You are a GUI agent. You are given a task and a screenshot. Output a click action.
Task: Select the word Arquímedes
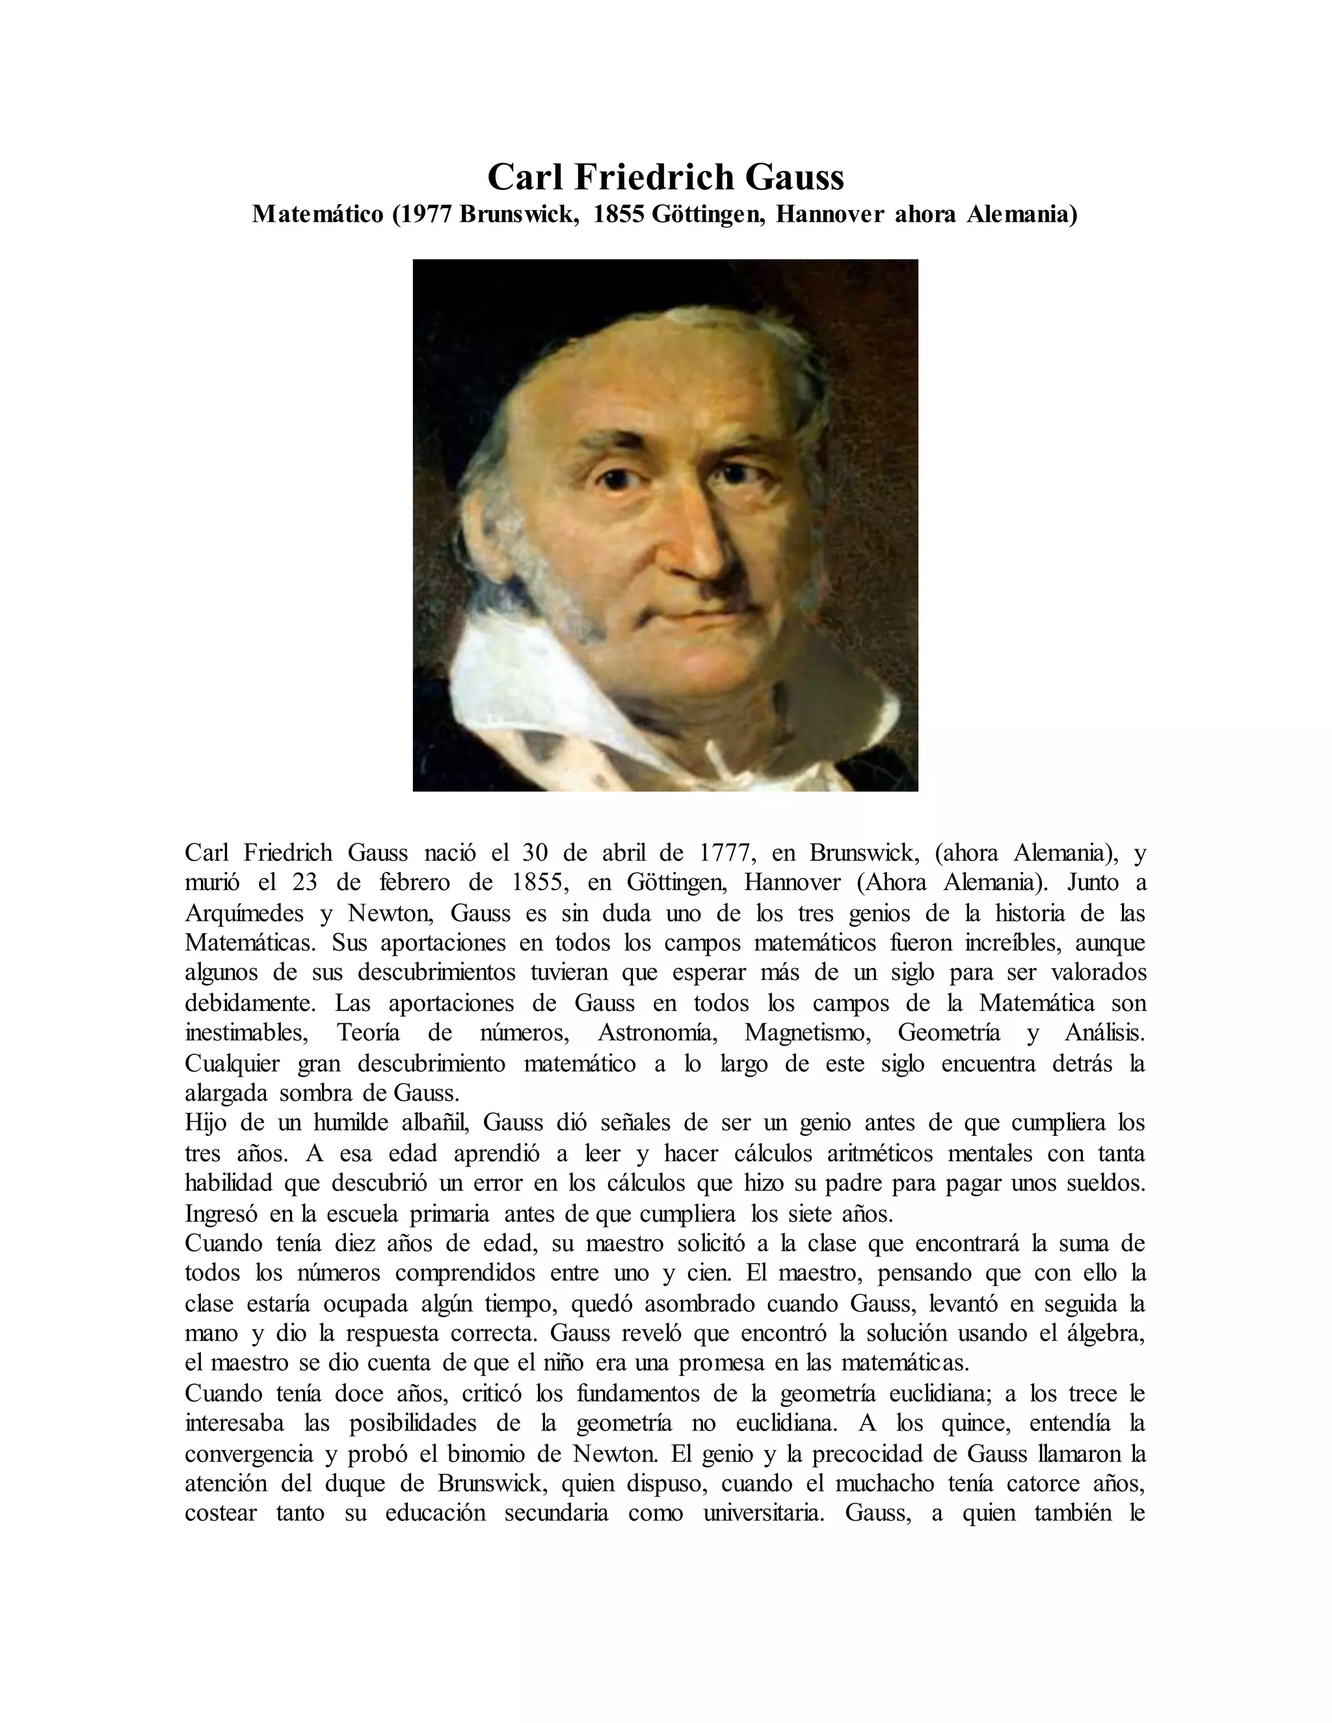click(x=244, y=914)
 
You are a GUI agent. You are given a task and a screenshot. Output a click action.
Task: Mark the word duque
click(x=354, y=1483)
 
